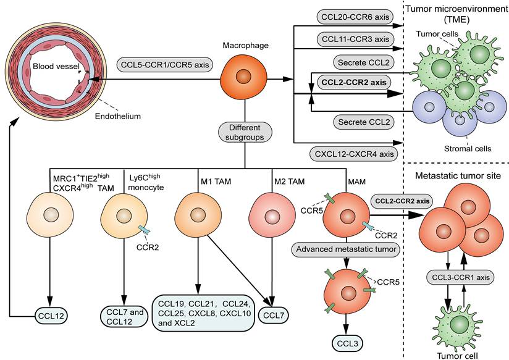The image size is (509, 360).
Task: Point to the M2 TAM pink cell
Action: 271,217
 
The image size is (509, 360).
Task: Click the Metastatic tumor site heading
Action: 461,176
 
